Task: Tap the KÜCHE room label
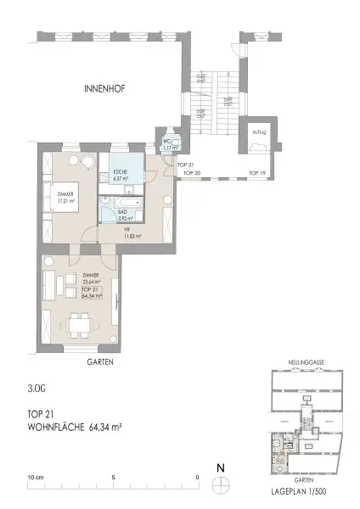[x=119, y=175]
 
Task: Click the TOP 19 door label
[x=256, y=172]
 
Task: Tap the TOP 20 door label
[x=192, y=172]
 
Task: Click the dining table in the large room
[x=80, y=324]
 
